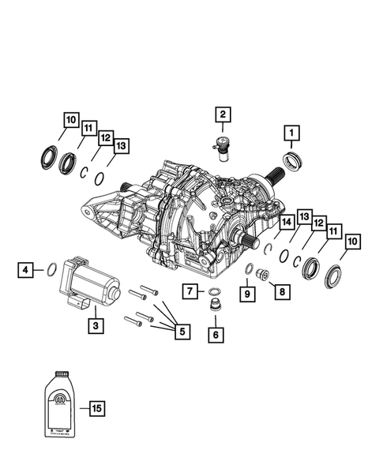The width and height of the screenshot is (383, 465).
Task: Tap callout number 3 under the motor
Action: [95, 324]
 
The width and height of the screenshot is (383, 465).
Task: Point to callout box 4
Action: [27, 270]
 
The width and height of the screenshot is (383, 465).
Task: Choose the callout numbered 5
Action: [182, 332]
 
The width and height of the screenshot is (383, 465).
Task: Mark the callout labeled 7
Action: [190, 292]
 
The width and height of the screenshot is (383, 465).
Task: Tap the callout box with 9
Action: [247, 294]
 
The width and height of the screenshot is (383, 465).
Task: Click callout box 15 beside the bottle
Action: [96, 408]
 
